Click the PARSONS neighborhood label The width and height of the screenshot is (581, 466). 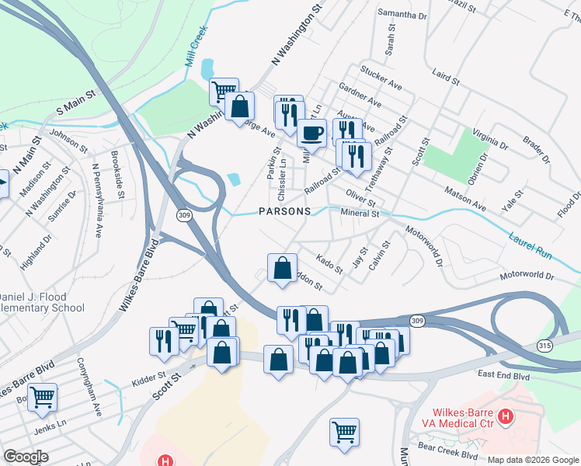(x=285, y=211)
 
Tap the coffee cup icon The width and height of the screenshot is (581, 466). (x=311, y=133)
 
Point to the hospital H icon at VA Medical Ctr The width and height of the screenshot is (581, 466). (x=506, y=418)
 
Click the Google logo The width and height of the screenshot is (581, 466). (x=26, y=456)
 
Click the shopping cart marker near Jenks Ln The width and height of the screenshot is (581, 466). (x=42, y=397)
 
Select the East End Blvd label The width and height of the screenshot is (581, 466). (x=504, y=374)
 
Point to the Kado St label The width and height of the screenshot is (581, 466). (x=329, y=263)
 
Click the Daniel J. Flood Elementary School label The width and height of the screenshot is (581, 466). (x=42, y=302)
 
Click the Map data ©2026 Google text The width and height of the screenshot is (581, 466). (x=533, y=460)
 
